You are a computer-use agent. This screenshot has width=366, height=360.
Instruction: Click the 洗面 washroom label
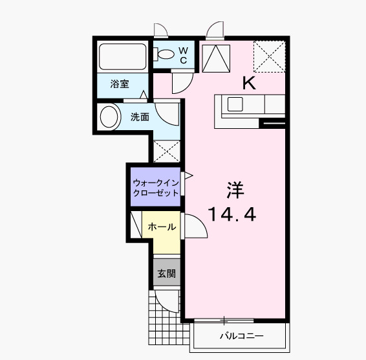pos(140,117)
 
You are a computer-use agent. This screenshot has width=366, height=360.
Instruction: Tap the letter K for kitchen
pos(248,82)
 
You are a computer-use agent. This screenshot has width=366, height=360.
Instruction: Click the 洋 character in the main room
pos(235,190)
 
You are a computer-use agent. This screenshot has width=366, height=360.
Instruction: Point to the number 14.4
pos(231,214)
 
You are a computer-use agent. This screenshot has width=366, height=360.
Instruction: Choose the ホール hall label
pos(162,227)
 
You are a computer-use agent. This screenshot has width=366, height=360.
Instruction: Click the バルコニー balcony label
pos(241,336)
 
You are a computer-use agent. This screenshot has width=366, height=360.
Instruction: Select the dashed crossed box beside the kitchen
pos(268,56)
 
